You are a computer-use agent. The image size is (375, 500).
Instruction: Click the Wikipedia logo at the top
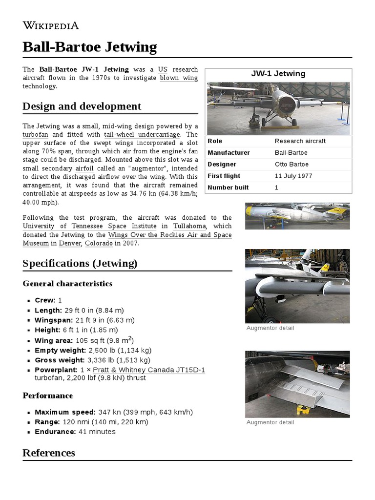pyautogui.click(x=51, y=26)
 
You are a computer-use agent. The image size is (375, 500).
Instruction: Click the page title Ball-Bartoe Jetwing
pyautogui.click(x=90, y=47)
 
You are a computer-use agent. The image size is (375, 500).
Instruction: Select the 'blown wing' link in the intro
pyautogui.click(x=179, y=78)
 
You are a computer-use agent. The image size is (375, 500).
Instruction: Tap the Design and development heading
pyautogui.click(x=82, y=106)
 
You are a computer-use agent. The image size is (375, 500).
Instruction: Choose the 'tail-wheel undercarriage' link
pyautogui.click(x=142, y=134)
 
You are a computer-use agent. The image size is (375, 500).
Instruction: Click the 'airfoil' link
pyautogui.click(x=84, y=168)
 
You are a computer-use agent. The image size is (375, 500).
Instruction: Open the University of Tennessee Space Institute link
pyautogui.click(x=90, y=226)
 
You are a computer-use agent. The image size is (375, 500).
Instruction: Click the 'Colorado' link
pyautogui.click(x=99, y=243)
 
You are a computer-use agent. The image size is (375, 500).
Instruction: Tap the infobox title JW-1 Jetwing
pyautogui.click(x=278, y=74)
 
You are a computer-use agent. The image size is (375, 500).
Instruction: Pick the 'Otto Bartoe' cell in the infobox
pyautogui.click(x=292, y=165)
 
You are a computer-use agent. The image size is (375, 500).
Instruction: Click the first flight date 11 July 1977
pyautogui.click(x=293, y=176)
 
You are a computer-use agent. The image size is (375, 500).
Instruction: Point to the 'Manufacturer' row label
pyautogui.click(x=229, y=153)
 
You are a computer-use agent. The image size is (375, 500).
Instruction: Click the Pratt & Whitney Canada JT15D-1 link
pyautogui.click(x=149, y=370)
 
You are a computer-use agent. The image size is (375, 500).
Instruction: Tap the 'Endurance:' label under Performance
pyautogui.click(x=55, y=432)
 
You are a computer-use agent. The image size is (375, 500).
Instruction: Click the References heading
pyautogui.click(x=49, y=453)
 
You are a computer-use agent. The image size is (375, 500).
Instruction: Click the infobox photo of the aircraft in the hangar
pyautogui.click(x=278, y=108)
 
